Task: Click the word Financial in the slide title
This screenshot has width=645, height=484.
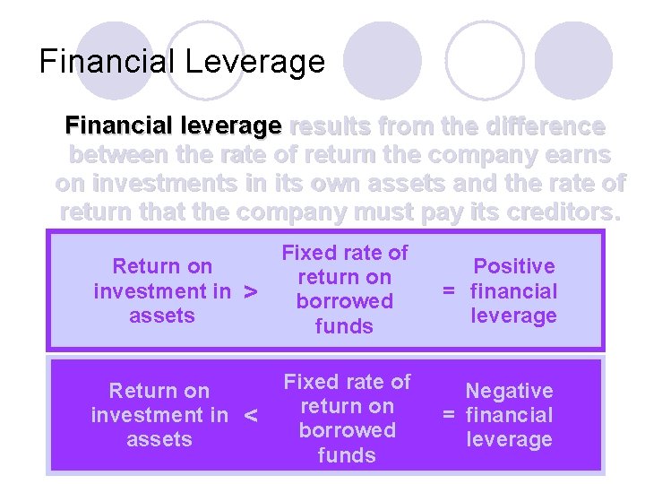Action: (107, 62)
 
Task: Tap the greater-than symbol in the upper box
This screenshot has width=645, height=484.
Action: (251, 292)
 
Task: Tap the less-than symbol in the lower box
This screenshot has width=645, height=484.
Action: (251, 416)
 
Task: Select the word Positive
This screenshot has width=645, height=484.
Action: (514, 266)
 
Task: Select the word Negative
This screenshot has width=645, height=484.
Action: (509, 391)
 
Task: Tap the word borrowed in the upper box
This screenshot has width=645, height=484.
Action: (344, 302)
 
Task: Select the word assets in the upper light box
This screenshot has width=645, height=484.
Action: (161, 315)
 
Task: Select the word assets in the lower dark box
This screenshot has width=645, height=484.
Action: (159, 439)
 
